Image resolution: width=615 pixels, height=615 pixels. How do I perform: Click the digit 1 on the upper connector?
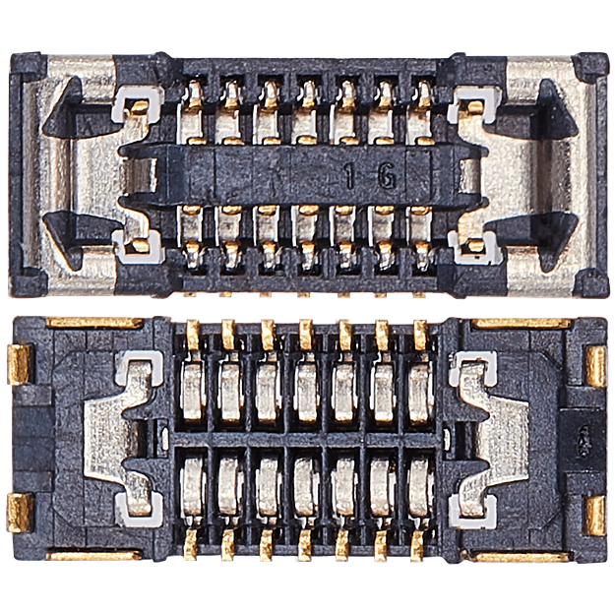point(350,178)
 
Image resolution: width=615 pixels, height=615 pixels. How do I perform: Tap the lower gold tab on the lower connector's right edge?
point(595,514)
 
